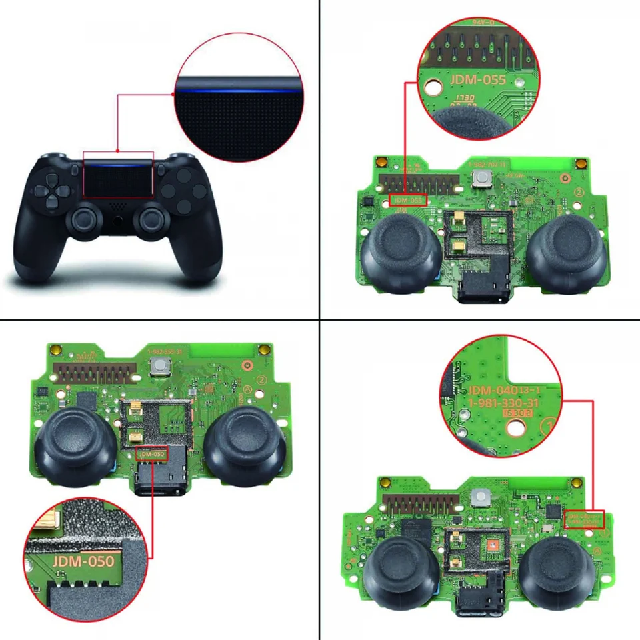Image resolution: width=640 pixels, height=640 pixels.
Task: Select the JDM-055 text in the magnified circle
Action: [x=478, y=79]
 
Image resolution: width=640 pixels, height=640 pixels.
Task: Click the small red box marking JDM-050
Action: [x=151, y=453]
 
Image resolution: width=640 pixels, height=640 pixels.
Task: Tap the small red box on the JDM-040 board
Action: [x=583, y=520]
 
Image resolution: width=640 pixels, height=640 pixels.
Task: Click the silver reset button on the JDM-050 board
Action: [x=159, y=364]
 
